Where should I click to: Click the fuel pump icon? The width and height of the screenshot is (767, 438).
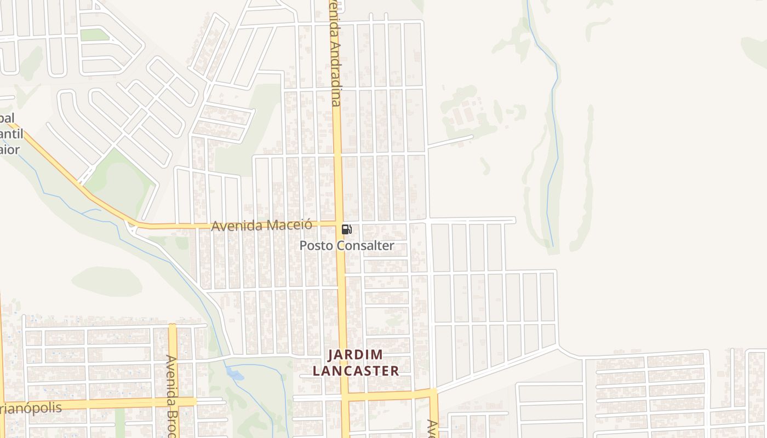[346, 229]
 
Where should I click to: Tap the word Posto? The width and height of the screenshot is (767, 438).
[316, 245]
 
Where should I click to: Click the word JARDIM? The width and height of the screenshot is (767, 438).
[356, 355]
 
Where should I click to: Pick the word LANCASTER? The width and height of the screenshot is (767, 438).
[356, 371]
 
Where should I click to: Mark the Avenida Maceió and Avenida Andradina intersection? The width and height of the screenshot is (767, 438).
[339, 223]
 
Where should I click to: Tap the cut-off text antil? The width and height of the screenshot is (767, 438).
[12, 134]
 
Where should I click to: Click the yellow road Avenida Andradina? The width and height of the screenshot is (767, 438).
[339, 164]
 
